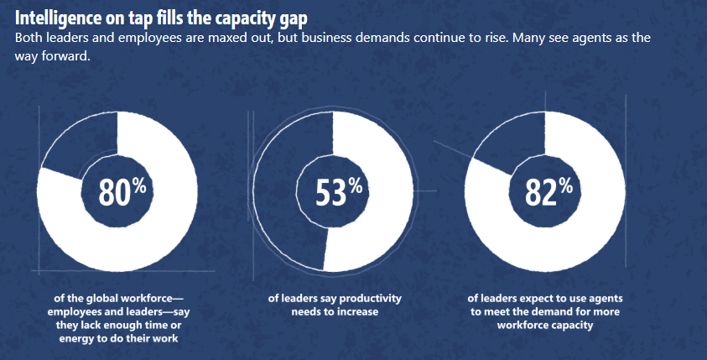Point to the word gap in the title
coord(307,18)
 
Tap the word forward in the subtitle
coord(72,58)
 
